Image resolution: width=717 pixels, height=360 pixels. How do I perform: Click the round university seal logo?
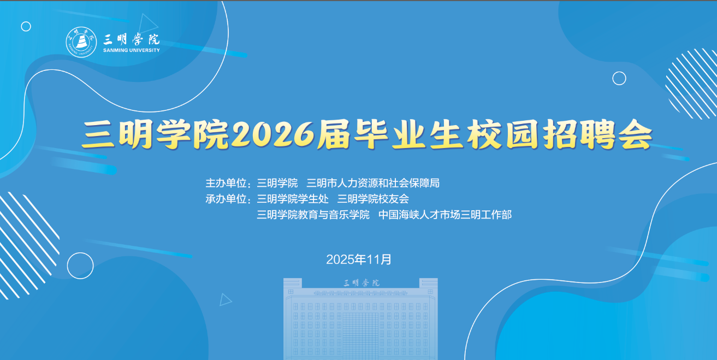(x=81, y=42)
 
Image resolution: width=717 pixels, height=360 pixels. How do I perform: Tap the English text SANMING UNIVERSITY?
(x=132, y=50)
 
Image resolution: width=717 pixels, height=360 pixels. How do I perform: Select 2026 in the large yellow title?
(x=272, y=135)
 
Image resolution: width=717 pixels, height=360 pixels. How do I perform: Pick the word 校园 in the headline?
(x=503, y=135)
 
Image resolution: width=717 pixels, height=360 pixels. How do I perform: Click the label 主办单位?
(x=226, y=183)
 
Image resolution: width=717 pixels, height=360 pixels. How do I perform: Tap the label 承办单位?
(x=226, y=199)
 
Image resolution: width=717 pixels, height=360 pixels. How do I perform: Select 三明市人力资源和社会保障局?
(x=373, y=183)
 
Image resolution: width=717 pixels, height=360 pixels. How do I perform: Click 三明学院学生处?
(x=293, y=199)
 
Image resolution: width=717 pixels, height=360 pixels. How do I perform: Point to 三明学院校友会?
(x=373, y=199)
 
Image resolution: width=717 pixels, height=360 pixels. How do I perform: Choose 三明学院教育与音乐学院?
(x=313, y=215)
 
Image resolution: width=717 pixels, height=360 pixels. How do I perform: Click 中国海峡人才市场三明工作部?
(x=445, y=215)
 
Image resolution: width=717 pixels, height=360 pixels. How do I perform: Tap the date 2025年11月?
(x=358, y=259)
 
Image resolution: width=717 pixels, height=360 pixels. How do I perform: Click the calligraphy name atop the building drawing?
(x=362, y=283)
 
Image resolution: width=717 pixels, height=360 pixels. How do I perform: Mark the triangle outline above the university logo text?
(x=147, y=23)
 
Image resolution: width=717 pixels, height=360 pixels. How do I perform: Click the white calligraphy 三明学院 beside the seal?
(x=131, y=39)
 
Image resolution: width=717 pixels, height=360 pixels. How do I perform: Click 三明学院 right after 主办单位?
(x=277, y=183)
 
